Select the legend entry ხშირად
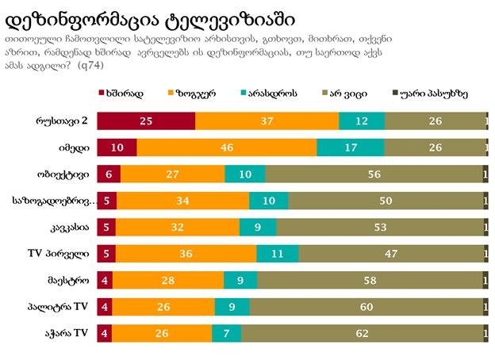click(122, 94)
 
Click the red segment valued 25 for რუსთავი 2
click(146, 121)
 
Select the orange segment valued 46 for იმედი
click(226, 147)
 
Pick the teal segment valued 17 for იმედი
click(350, 147)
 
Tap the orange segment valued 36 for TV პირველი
click(186, 254)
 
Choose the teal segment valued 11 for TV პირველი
click(278, 254)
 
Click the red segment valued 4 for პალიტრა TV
click(106, 307)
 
